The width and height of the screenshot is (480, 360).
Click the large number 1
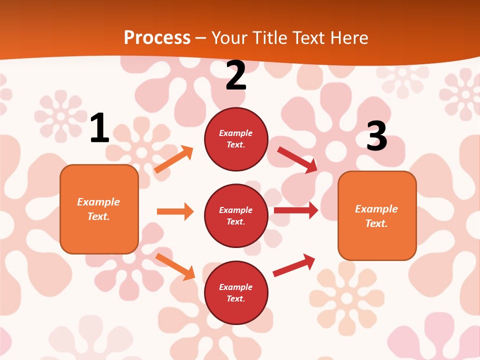click(99, 128)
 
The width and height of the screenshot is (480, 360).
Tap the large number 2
click(236, 75)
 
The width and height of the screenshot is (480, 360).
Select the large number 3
click(376, 136)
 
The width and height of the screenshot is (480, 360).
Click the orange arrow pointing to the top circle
click(173, 159)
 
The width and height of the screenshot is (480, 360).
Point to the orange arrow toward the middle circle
click(175, 211)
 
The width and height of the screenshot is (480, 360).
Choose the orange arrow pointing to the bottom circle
click(175, 266)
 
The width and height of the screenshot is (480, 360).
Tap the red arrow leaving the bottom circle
click(294, 265)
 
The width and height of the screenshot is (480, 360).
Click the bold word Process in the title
click(157, 37)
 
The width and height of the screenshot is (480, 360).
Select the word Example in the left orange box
click(98, 202)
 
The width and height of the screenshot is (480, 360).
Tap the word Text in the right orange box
click(375, 223)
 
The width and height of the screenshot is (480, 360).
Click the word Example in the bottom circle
click(236, 287)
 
